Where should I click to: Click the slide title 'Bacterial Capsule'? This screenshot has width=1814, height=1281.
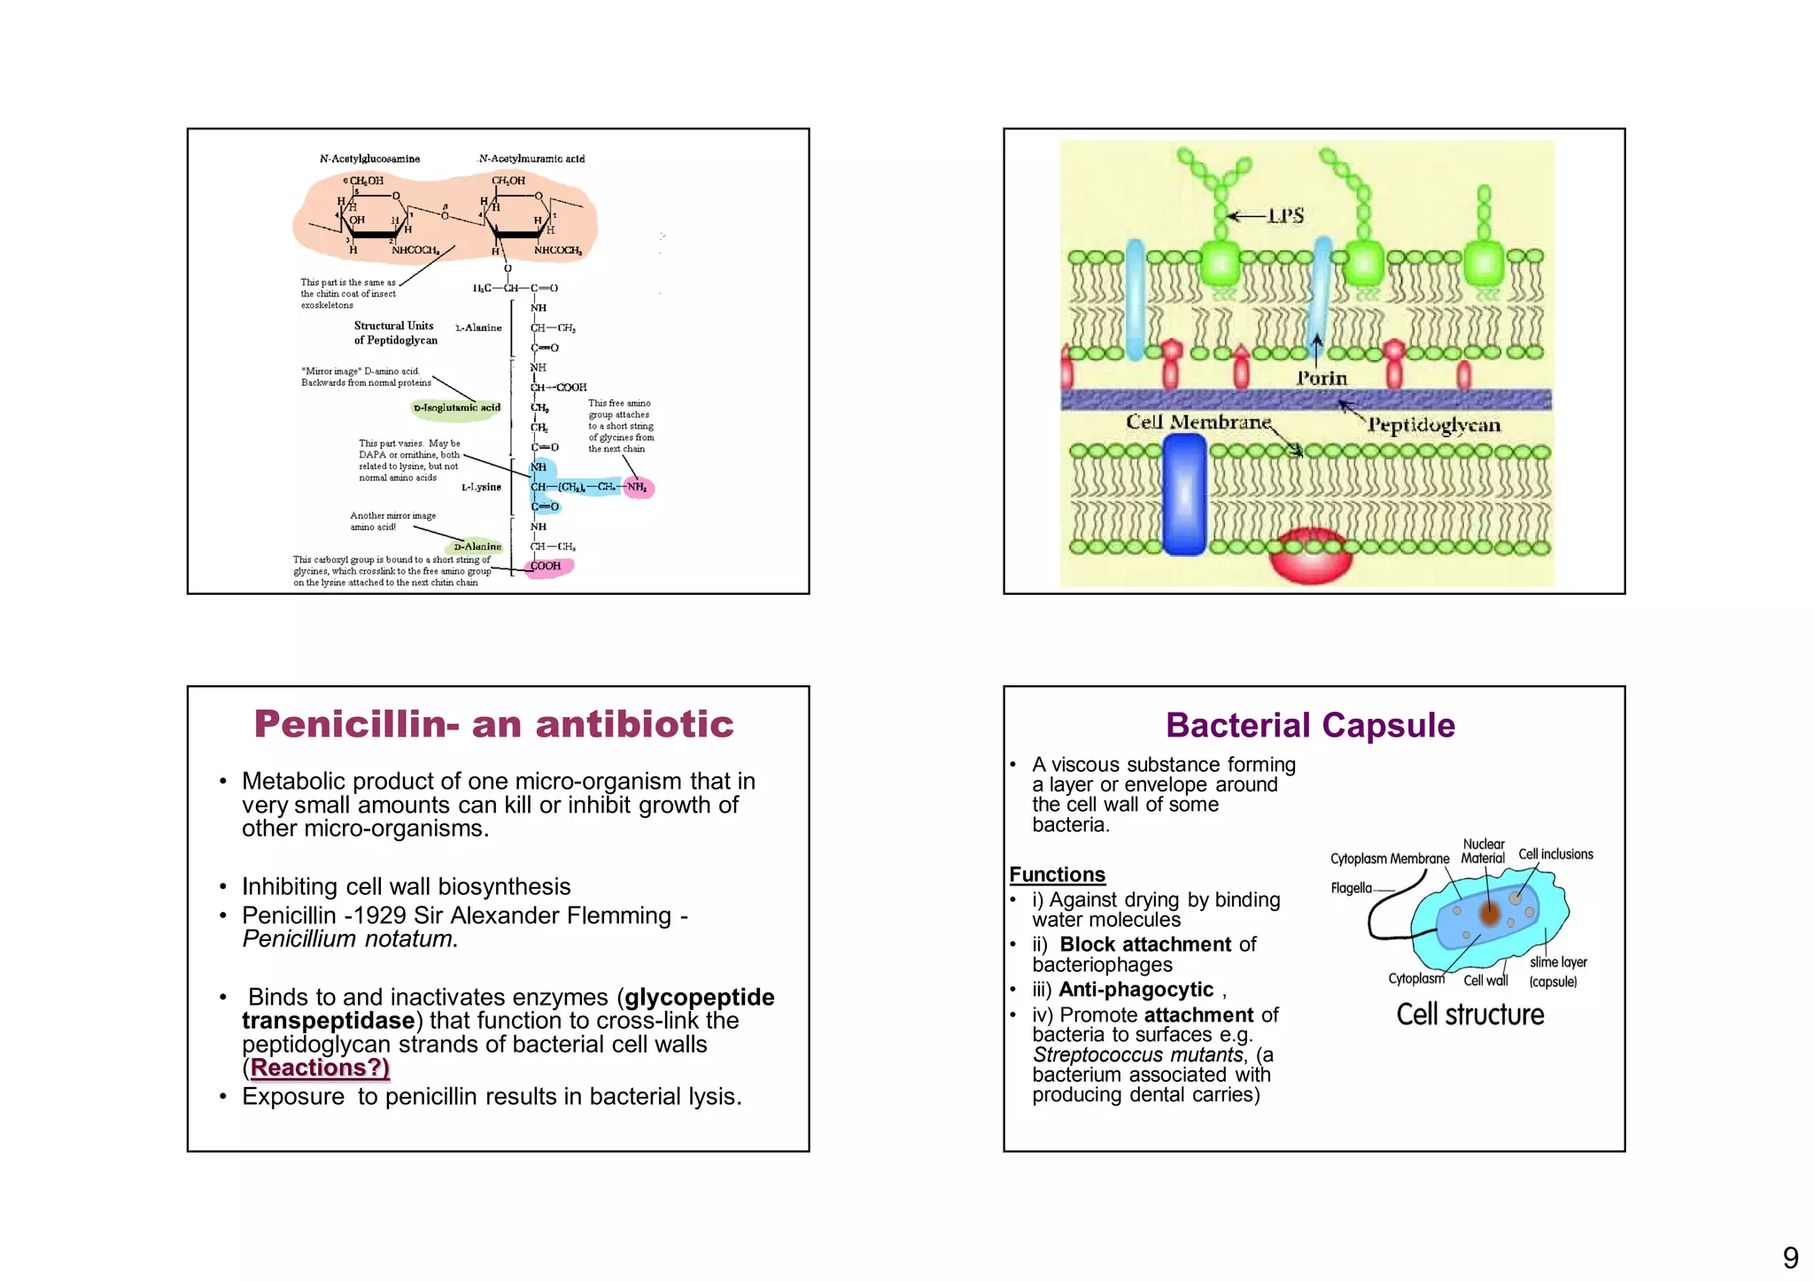point(1310,726)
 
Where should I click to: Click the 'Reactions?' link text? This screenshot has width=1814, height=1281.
point(319,1068)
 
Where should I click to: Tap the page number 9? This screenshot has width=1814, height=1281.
point(1790,1258)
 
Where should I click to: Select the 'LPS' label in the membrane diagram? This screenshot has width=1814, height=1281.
point(1285,216)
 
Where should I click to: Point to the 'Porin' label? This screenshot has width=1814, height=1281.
point(1322,379)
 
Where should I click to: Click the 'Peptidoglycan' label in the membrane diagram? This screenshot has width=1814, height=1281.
point(1434,426)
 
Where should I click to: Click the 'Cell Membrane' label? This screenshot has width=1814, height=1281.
point(1198,422)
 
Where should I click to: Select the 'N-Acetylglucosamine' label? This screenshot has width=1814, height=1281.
point(369,159)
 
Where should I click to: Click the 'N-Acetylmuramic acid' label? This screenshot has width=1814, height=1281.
point(531,159)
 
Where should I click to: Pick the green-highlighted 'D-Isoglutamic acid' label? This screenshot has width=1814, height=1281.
point(456,408)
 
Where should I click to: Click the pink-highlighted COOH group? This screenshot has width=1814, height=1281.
point(547,567)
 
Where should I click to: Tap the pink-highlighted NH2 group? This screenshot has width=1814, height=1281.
point(638,488)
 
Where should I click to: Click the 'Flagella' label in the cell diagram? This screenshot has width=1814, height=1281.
point(1351,889)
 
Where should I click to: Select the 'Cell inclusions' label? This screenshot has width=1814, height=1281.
point(1555,854)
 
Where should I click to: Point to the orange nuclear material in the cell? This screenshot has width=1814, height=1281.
point(1490,914)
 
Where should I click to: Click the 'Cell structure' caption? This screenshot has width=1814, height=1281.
point(1469,1015)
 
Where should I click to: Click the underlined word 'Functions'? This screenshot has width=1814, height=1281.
point(1057,876)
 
